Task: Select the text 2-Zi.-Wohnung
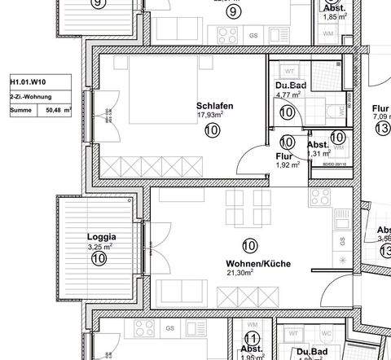click(x=30, y=94)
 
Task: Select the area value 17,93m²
click(x=210, y=116)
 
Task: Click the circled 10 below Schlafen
click(x=212, y=130)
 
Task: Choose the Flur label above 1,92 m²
click(x=283, y=155)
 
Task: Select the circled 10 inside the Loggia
click(x=99, y=258)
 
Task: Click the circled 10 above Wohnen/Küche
click(x=250, y=244)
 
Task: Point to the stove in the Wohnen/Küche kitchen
click(x=319, y=199)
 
